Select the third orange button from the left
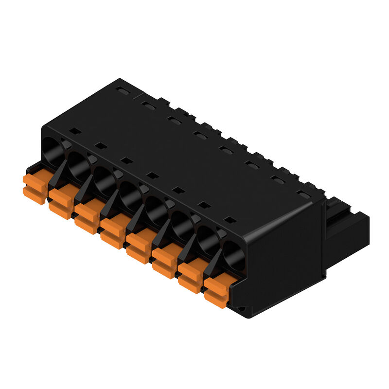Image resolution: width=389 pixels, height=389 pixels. pos(87,218)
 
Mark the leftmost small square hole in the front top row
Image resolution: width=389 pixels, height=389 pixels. pos(74,131)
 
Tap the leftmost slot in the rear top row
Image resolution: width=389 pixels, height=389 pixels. pos(121,90)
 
